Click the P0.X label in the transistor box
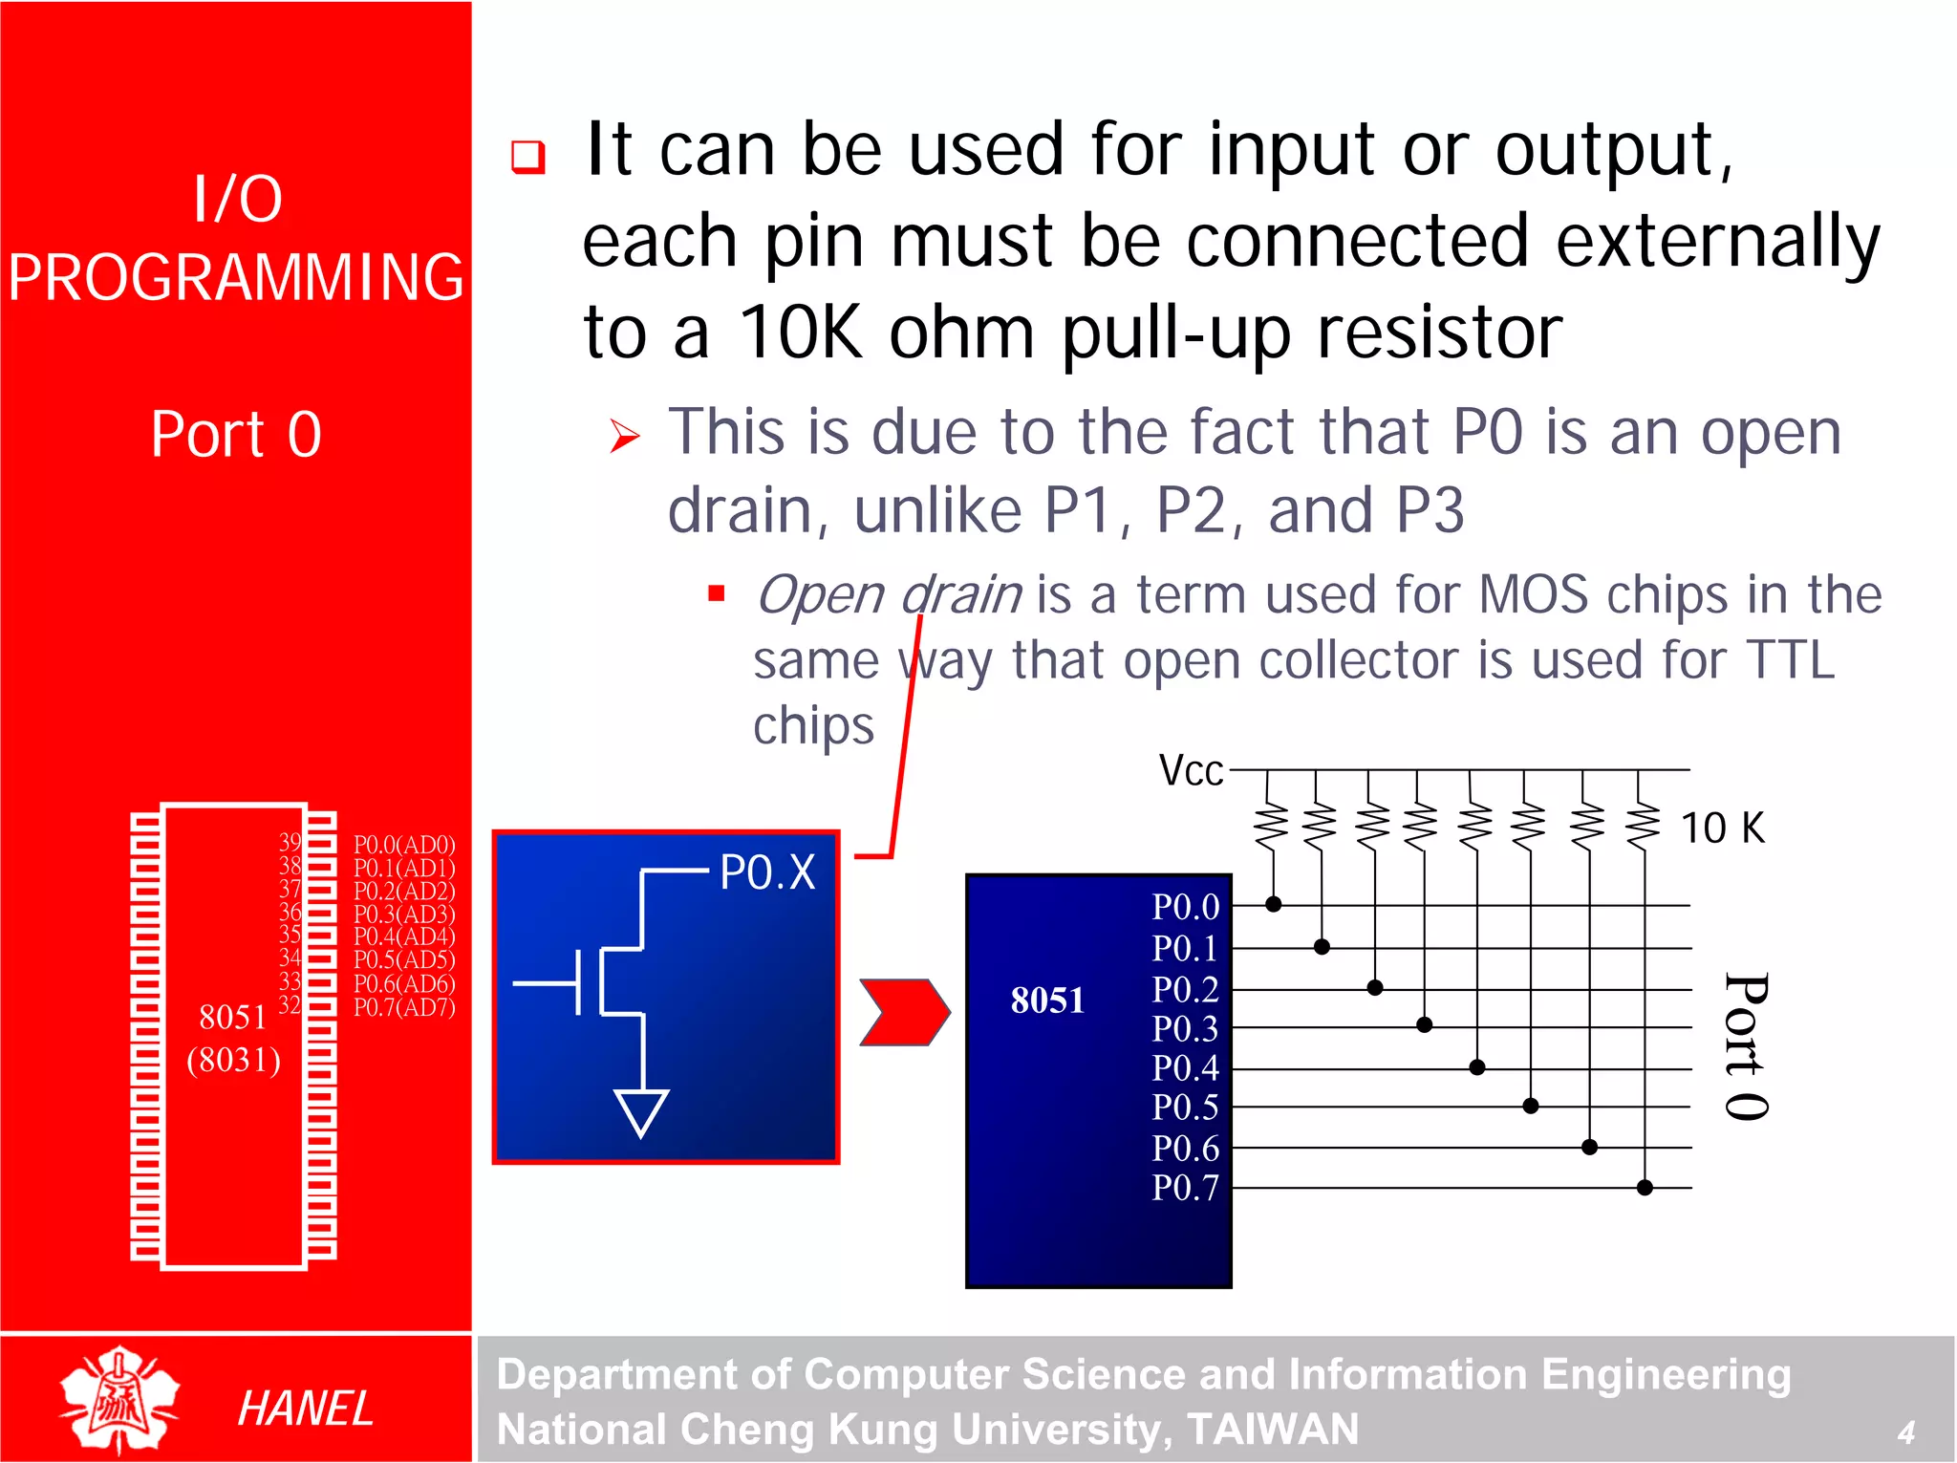[767, 871]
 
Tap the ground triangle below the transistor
[641, 1110]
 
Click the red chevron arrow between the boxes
[904, 1012]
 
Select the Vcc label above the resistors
[1191, 770]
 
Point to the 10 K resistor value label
[1722, 828]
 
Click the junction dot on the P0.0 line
[1273, 904]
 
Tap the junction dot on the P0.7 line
[1645, 1188]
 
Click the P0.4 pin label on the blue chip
[1185, 1067]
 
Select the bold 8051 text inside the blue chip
[1047, 1000]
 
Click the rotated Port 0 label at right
[1747, 1046]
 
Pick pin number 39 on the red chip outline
[290, 842]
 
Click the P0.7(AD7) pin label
[404, 1007]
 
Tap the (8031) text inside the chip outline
[234, 1060]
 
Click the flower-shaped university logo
[119, 1399]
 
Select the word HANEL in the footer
[305, 1409]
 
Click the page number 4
[1905, 1431]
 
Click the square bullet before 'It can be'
[527, 157]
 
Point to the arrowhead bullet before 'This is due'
[625, 437]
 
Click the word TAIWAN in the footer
[1272, 1430]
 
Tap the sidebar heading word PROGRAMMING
[236, 277]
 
